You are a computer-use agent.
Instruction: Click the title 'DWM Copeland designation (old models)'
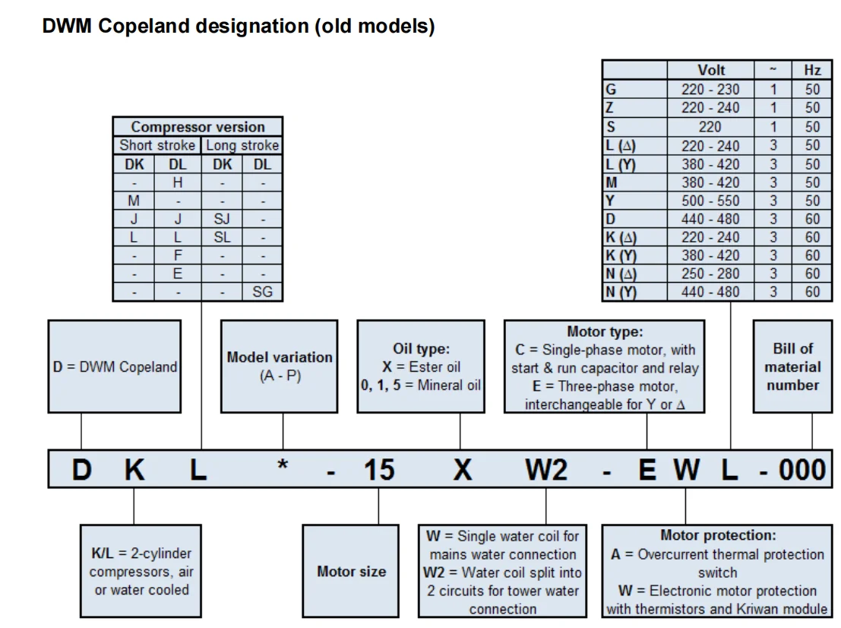[239, 26]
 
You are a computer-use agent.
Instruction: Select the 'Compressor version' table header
[198, 127]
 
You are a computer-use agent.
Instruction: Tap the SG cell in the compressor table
[262, 292]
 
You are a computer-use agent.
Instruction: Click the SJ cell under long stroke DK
[222, 219]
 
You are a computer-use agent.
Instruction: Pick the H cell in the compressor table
[178, 182]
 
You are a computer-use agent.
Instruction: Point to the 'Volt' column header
[710, 70]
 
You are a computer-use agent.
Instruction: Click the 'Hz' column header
[812, 70]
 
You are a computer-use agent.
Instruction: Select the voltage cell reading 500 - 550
[710, 201]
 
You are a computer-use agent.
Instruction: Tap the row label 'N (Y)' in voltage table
[621, 292]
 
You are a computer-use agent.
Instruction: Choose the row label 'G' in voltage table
[612, 89]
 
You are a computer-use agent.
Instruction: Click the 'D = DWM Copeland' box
[115, 366]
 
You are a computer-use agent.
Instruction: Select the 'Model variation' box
[279, 366]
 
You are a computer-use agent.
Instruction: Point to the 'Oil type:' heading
[421, 349]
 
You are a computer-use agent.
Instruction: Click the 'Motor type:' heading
[604, 331]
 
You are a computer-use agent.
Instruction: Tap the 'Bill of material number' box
[792, 366]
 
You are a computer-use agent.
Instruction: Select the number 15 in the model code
[378, 470]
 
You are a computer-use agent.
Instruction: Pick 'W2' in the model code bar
[546, 470]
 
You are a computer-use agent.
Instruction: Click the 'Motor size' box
[351, 571]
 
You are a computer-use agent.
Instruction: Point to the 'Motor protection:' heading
[717, 535]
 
